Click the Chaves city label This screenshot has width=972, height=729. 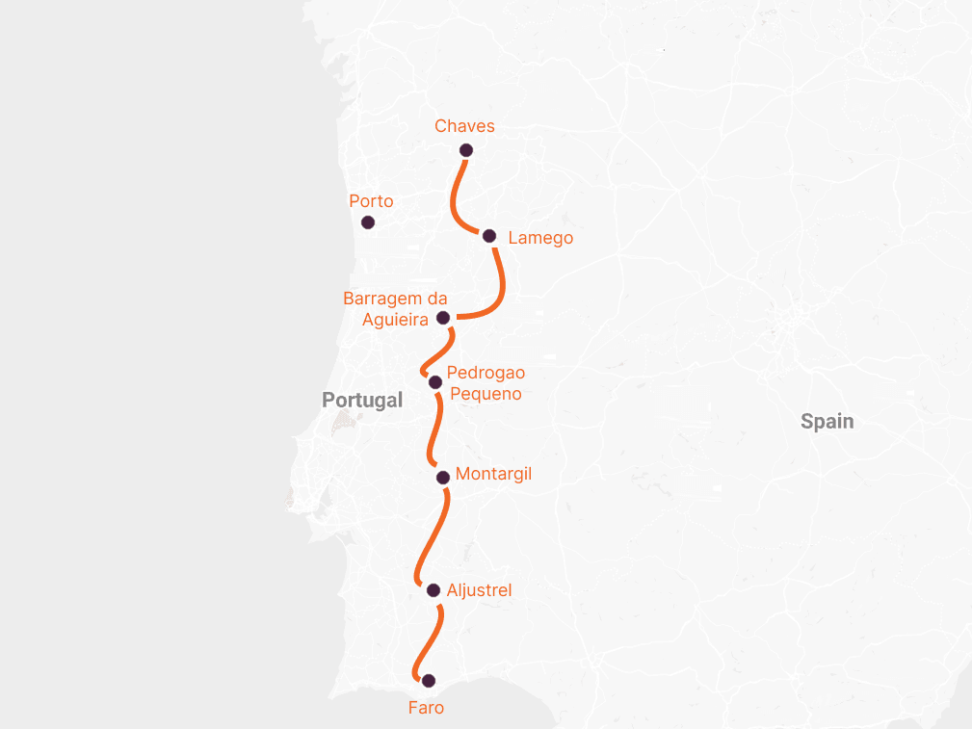click(x=464, y=126)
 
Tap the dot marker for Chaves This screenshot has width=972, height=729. click(x=466, y=149)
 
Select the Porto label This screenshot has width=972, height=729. click(x=371, y=201)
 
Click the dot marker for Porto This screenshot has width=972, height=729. click(x=367, y=222)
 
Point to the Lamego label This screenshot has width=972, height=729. click(x=539, y=238)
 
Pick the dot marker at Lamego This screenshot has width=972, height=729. click(x=489, y=236)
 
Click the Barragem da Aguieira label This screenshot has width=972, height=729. click(x=395, y=309)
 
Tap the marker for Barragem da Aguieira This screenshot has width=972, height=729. click(x=443, y=318)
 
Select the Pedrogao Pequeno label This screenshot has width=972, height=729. click(x=486, y=383)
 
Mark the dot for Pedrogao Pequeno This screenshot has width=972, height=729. click(x=435, y=382)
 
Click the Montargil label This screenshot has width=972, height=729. click(x=493, y=474)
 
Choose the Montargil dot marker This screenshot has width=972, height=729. click(x=442, y=477)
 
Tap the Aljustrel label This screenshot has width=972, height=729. click(x=479, y=590)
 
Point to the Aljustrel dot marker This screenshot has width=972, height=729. click(x=433, y=590)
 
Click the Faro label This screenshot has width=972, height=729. click(x=426, y=708)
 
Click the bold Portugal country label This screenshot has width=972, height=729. click(x=362, y=400)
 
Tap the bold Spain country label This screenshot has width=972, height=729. click(x=827, y=421)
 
